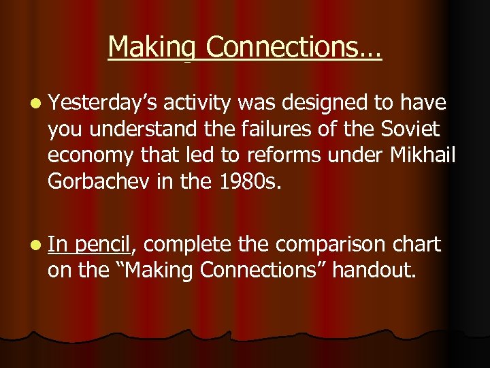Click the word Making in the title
[x=152, y=48]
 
